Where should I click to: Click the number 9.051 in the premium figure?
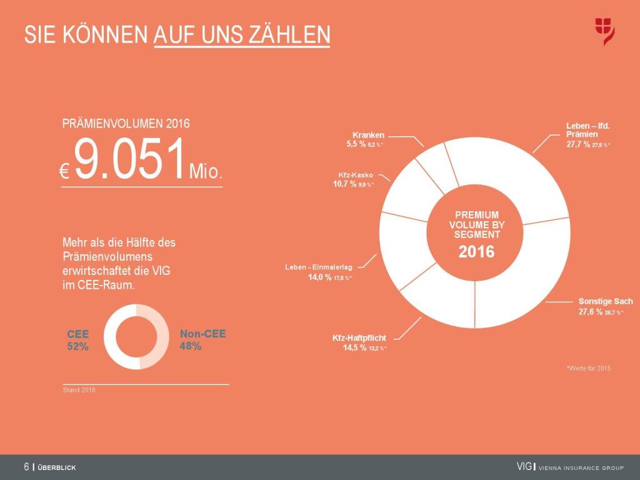coord(131,161)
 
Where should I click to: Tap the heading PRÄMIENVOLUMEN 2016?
coord(126,124)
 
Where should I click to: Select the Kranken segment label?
coord(368,134)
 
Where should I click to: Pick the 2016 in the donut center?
coord(476,252)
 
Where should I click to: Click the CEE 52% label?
coord(78,339)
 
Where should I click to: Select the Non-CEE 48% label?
coord(202,339)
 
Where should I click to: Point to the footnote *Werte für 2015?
coord(588,368)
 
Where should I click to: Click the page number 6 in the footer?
coord(27,467)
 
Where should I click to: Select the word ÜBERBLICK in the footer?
coord(57,467)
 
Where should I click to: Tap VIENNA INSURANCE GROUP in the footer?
coord(581,467)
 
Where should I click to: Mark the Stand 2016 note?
coord(79,391)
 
